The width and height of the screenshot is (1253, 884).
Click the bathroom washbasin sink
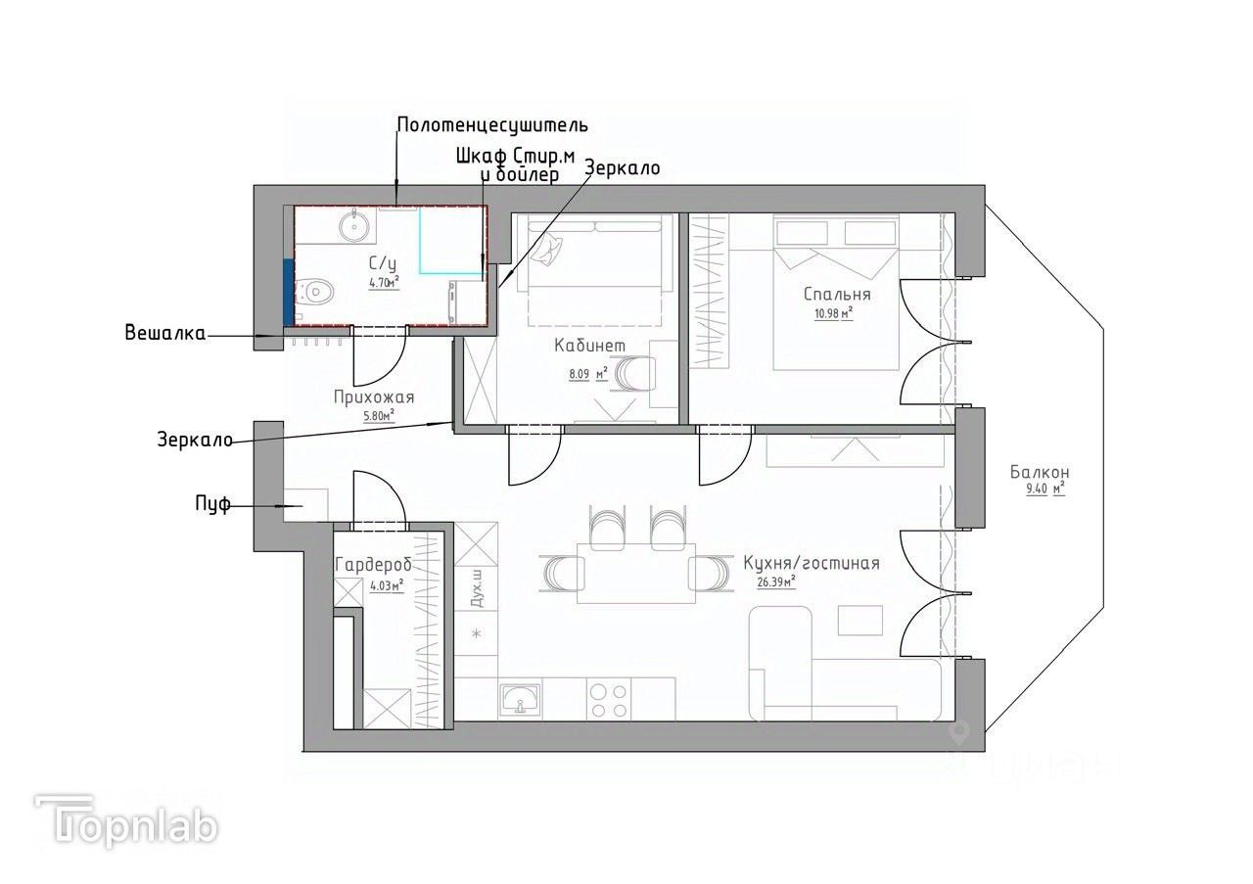[x=353, y=225]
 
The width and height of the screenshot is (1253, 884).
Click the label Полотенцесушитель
[x=492, y=124]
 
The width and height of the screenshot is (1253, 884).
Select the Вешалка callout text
[x=165, y=333]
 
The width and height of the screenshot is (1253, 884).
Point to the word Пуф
[x=212, y=504]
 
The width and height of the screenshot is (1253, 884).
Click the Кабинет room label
[x=589, y=346]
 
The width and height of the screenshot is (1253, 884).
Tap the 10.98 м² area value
[x=833, y=313]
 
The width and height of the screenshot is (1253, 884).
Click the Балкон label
[x=1040, y=472]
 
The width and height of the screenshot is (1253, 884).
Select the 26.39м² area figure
[x=776, y=582]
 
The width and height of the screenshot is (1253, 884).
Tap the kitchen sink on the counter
[x=521, y=699]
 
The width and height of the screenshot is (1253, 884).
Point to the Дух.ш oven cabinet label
[x=477, y=589]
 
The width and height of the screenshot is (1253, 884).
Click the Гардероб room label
[x=373, y=565]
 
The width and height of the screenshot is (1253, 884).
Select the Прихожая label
[x=374, y=397]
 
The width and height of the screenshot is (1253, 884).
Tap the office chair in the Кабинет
[x=635, y=373]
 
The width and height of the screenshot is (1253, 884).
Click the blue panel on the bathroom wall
[x=288, y=292]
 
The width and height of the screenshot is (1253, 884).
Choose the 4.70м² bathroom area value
[x=384, y=282]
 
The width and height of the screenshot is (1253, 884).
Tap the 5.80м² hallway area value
[x=379, y=416]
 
